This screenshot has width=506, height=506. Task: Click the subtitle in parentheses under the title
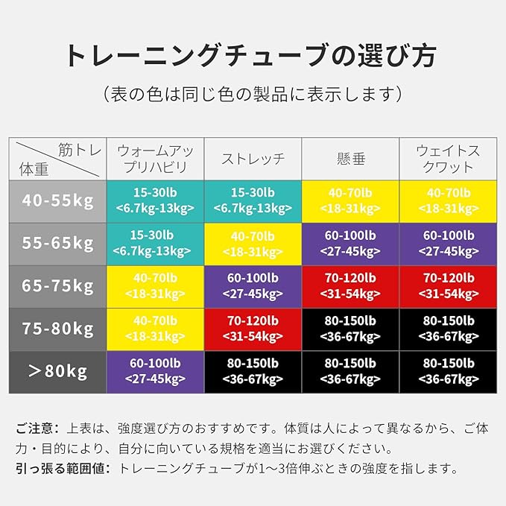[x=253, y=95]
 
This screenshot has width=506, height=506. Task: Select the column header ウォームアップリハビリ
[x=156, y=158]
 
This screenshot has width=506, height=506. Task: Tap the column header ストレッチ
[x=253, y=159]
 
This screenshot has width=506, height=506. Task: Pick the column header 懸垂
[x=350, y=159]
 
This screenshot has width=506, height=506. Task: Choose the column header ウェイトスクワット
[x=448, y=158]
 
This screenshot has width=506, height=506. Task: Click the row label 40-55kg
[x=57, y=200]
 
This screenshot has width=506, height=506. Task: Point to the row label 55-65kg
[x=57, y=244]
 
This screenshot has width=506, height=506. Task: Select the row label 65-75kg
[x=57, y=286]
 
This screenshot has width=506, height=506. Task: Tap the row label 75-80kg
[x=57, y=329]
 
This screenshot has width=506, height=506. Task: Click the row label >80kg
[x=57, y=372]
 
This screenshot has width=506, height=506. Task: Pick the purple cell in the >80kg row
[x=156, y=372]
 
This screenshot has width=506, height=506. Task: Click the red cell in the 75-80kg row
[x=253, y=329]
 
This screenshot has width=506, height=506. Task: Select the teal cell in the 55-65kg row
[x=156, y=244]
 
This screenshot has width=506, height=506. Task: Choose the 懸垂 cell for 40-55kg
[x=350, y=200]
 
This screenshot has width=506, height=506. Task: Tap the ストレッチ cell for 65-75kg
[x=253, y=286]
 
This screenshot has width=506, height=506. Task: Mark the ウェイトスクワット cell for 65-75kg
[x=448, y=286]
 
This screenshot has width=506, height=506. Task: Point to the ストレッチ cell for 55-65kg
[x=253, y=244]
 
